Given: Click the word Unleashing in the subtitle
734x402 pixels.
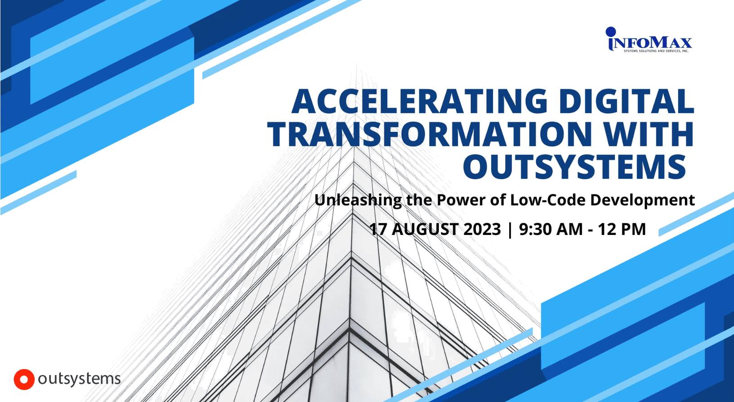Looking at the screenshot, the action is tap(358, 200).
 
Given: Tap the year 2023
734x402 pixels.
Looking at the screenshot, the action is tap(482, 229).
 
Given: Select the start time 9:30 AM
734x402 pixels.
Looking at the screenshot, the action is tap(551, 229).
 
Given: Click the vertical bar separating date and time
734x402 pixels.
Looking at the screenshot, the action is tap(510, 230).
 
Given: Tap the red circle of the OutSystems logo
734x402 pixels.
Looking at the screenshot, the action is tap(24, 379).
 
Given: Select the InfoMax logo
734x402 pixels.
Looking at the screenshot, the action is tap(649, 40).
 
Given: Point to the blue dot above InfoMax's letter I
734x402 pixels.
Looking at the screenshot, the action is tap(611, 32).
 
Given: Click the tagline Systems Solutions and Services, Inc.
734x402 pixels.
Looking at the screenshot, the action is tap(656, 51).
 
